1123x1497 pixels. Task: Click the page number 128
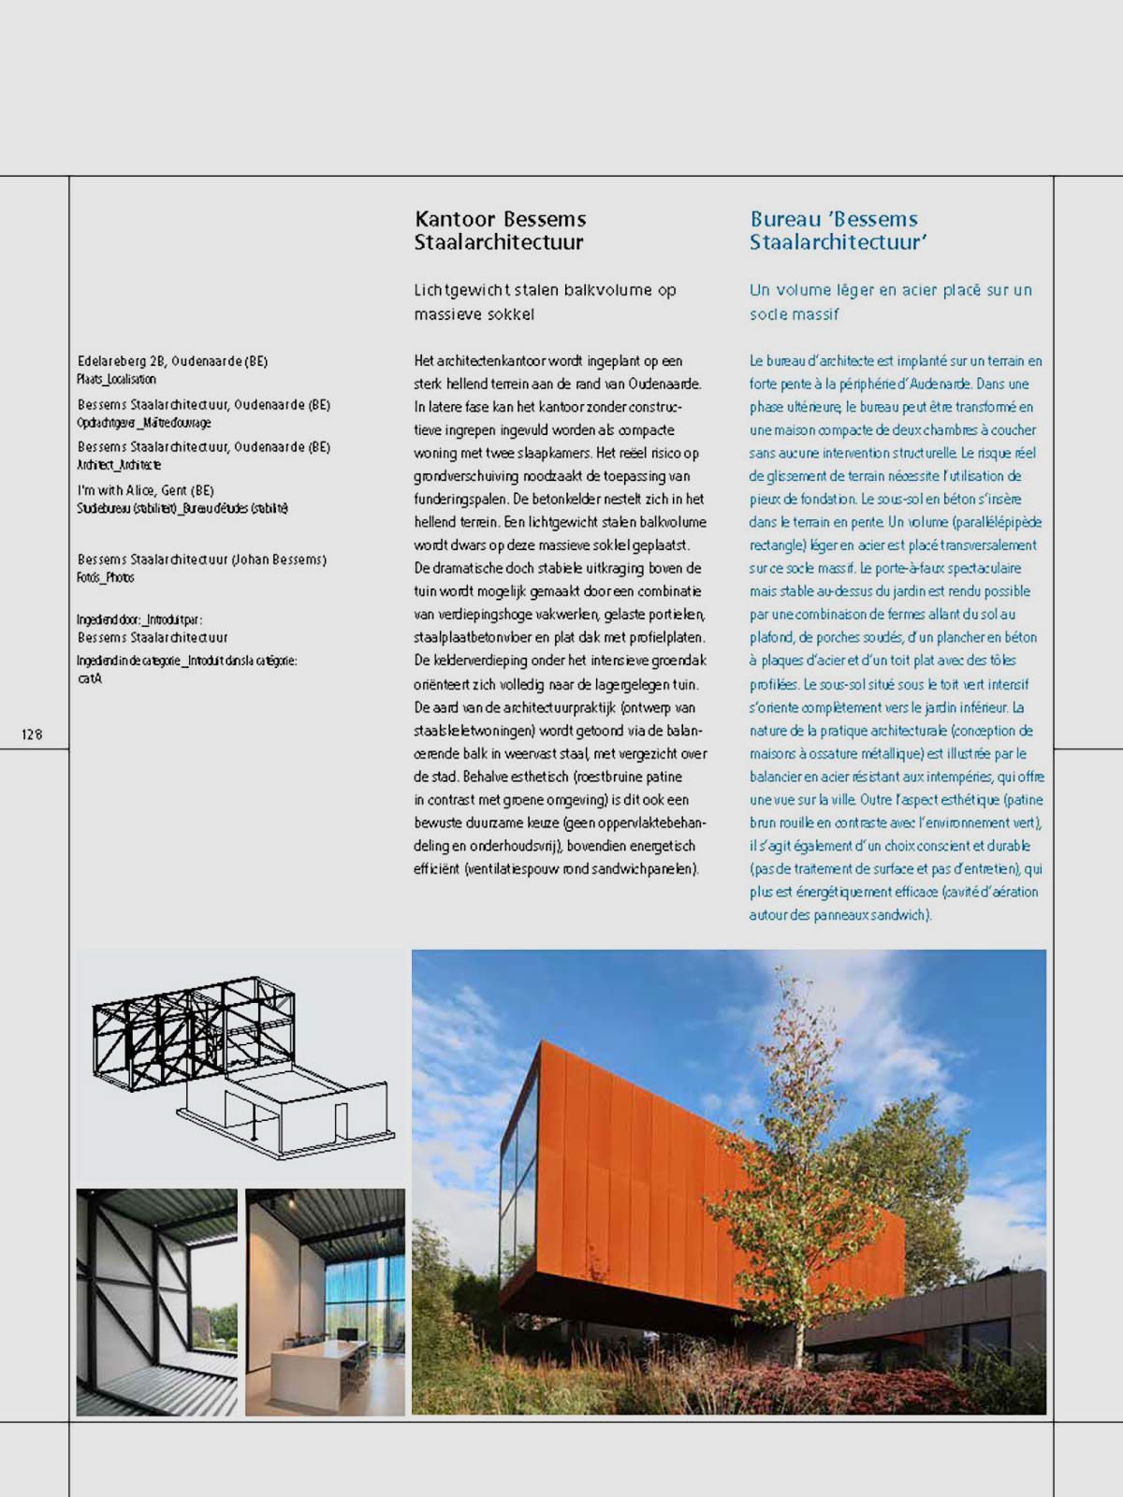point(32,734)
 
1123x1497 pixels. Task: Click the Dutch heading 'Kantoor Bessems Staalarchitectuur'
point(501,230)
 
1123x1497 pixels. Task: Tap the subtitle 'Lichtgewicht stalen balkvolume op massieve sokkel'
point(545,302)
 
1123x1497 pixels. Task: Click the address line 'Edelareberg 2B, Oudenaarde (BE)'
point(173,361)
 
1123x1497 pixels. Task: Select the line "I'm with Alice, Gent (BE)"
point(146,490)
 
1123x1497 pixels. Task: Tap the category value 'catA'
point(90,678)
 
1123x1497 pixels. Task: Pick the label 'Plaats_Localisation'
point(116,379)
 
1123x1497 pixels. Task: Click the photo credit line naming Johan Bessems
point(202,560)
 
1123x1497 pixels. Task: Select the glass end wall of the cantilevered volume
point(519,1170)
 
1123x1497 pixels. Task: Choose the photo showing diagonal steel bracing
point(156,1301)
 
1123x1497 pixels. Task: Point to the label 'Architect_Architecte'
point(119,465)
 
